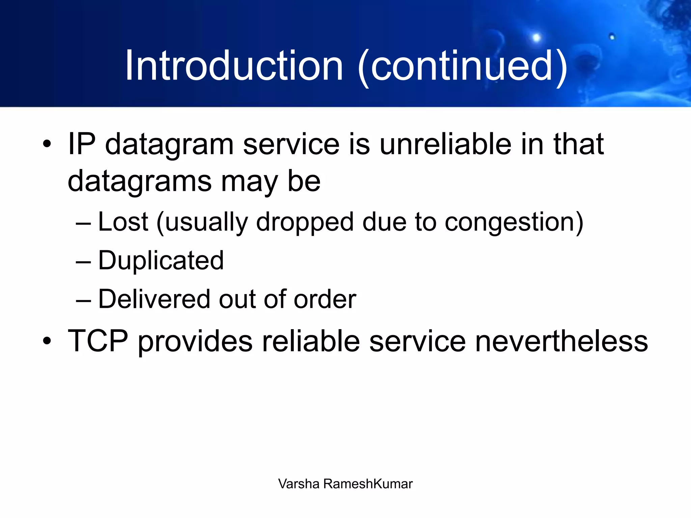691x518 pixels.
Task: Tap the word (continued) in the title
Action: (x=462, y=66)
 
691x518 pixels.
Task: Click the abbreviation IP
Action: (x=81, y=144)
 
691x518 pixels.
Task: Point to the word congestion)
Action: (x=514, y=223)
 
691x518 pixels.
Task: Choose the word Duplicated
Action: (x=161, y=261)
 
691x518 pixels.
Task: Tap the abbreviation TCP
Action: (x=98, y=341)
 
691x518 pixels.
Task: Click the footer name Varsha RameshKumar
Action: (x=345, y=484)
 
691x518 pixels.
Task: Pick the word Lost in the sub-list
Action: (x=123, y=222)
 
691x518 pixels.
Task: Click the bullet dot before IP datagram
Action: (x=47, y=144)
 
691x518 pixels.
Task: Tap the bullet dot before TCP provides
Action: (x=47, y=341)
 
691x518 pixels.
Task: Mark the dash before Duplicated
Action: (x=83, y=262)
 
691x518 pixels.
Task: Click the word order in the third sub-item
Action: (x=325, y=299)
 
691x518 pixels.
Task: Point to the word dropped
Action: (x=305, y=223)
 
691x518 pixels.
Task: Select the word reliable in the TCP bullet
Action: (x=311, y=341)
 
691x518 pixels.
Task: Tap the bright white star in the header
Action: (x=536, y=37)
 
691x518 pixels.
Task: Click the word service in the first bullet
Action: (x=291, y=144)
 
